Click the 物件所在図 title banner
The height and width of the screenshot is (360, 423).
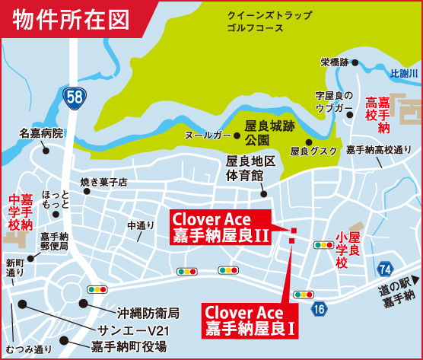click(x=72, y=18)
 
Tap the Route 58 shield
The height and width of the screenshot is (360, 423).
click(x=75, y=97)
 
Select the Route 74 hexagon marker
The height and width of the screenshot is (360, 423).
click(x=385, y=269)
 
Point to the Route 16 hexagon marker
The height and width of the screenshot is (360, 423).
click(x=319, y=307)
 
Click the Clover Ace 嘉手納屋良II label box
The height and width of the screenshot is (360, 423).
click(x=221, y=228)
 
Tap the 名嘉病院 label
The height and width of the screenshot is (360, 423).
click(x=42, y=133)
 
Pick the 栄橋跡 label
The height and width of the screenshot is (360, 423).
click(x=334, y=62)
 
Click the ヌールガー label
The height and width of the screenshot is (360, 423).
click(x=208, y=135)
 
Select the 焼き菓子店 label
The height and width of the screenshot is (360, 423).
click(x=103, y=182)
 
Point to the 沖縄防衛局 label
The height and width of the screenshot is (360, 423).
click(x=148, y=313)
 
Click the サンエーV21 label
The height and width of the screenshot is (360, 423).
click(x=137, y=330)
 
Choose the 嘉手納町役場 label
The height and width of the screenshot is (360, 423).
click(x=129, y=346)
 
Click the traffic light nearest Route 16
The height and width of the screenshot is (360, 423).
click(x=304, y=294)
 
